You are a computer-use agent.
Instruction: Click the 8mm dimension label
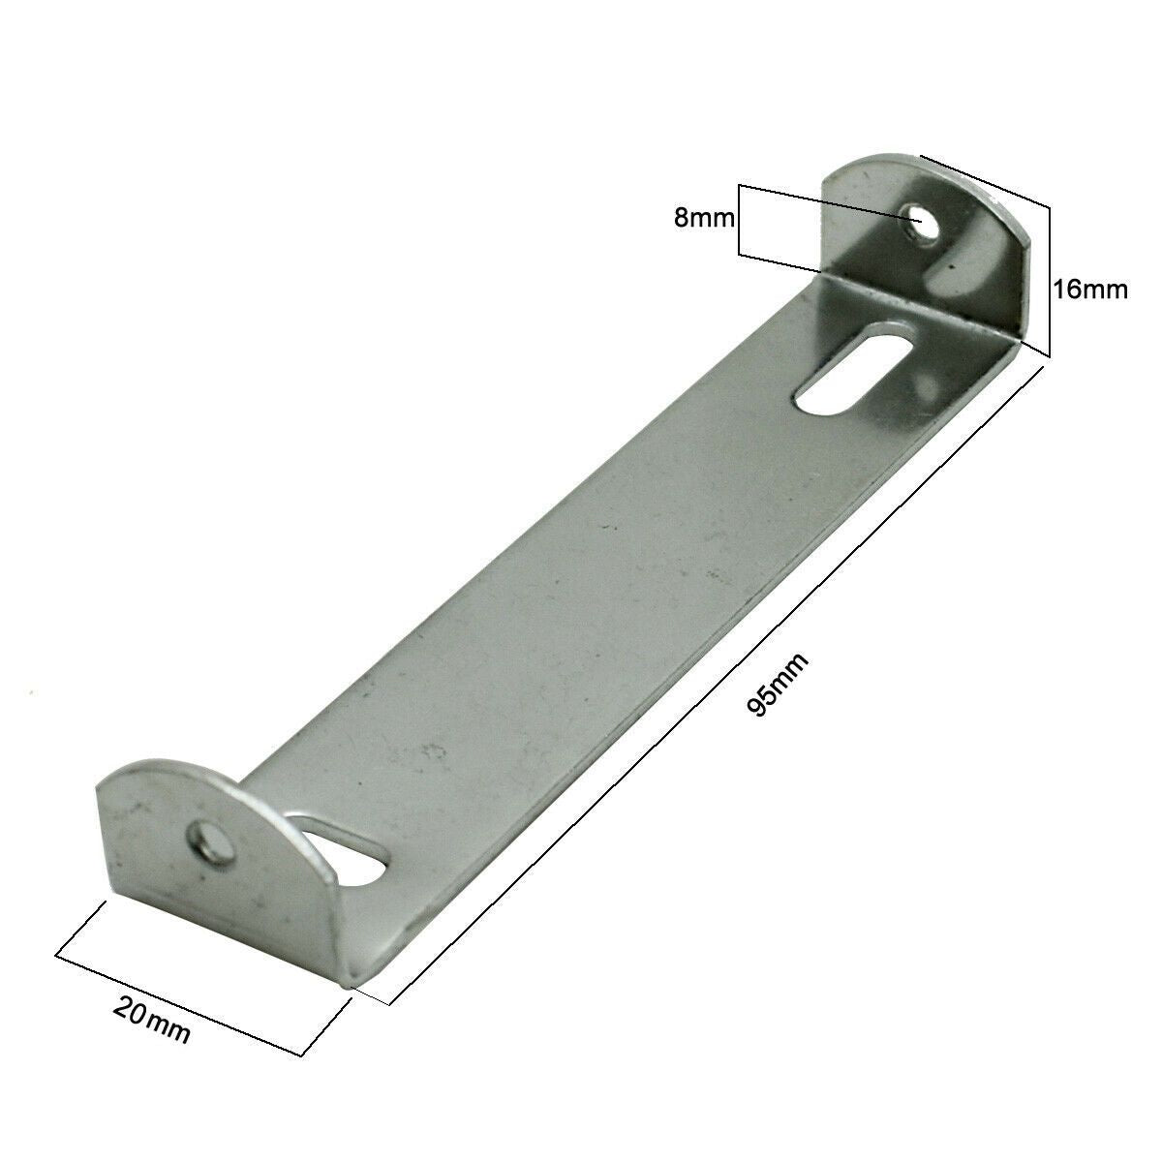[x=704, y=219]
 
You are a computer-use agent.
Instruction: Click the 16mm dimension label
[x=1090, y=289]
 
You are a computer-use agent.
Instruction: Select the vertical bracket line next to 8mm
[x=739, y=220]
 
